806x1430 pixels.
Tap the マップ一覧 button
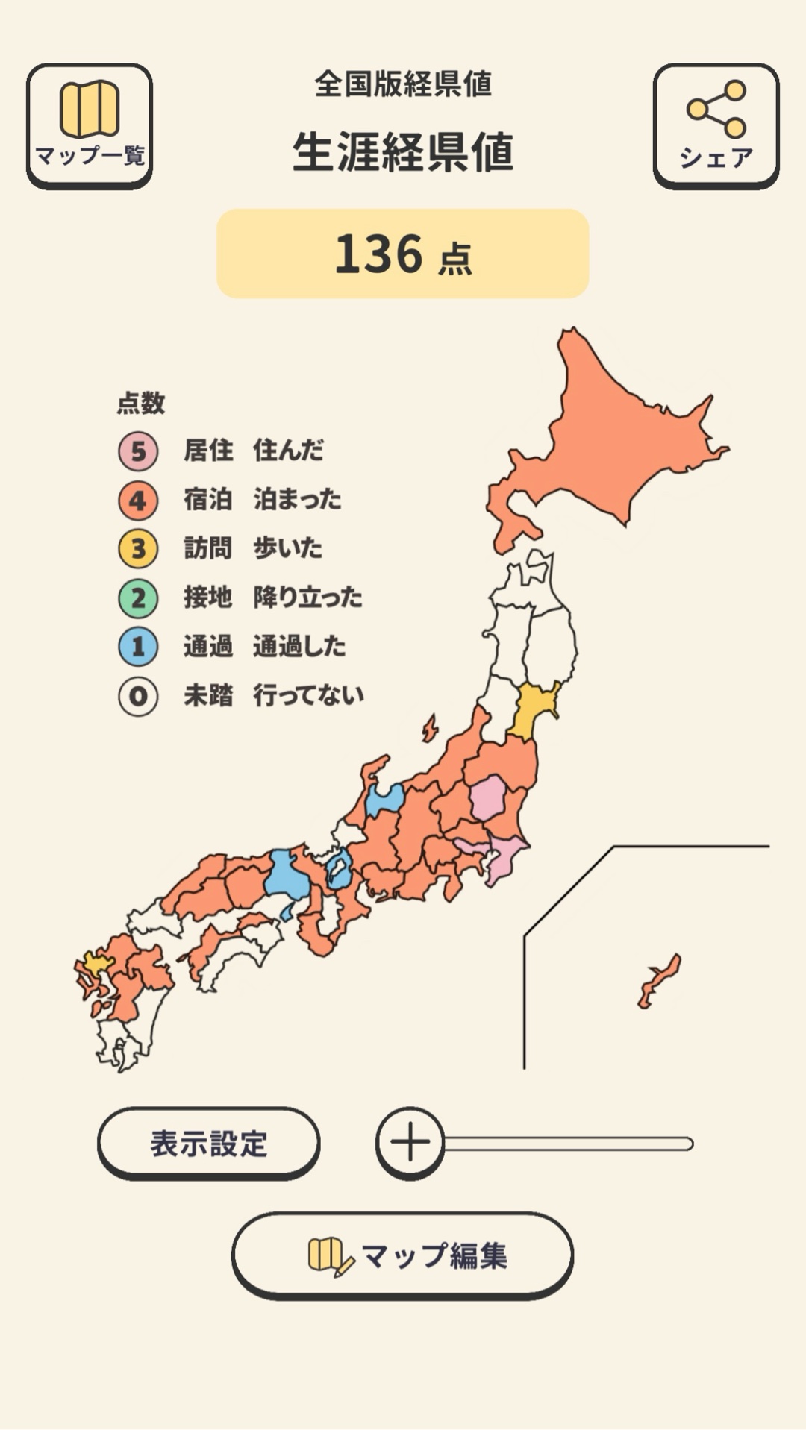click(90, 125)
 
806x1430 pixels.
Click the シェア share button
click(716, 125)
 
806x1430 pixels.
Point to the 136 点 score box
click(402, 254)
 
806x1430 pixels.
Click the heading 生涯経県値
click(402, 152)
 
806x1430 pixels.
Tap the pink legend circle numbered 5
click(138, 451)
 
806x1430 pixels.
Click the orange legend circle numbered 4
click(138, 501)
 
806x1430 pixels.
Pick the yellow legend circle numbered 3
click(138, 549)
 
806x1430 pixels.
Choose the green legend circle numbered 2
click(138, 598)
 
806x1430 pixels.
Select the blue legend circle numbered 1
click(138, 647)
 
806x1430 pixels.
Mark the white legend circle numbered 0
click(138, 696)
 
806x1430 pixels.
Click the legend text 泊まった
click(297, 499)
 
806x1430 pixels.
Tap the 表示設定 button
click(208, 1143)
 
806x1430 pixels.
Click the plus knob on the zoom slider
click(410, 1143)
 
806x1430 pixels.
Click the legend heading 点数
click(141, 404)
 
